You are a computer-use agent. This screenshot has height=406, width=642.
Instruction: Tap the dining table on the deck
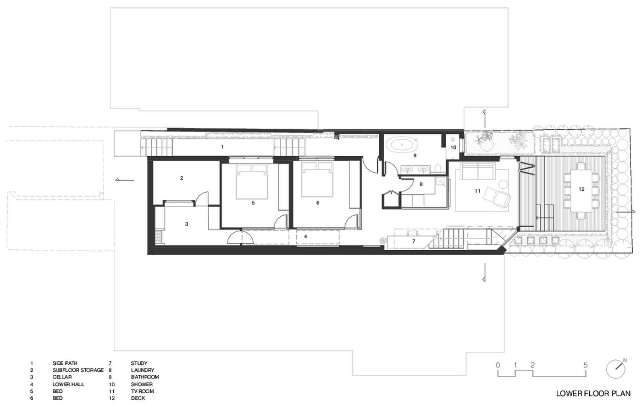pos(581,191)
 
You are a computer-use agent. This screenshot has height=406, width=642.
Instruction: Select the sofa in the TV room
pos(477,171)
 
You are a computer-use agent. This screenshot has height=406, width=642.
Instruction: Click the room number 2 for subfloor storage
pos(182,178)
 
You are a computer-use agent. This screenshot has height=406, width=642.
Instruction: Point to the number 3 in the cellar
pos(187,224)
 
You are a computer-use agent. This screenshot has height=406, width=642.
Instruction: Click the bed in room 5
pos(252,181)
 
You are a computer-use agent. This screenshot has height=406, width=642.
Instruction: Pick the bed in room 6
pos(317,180)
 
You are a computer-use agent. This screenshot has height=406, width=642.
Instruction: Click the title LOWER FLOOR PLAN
pos(593,394)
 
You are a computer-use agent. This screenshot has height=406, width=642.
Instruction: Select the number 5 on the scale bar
pos(585,365)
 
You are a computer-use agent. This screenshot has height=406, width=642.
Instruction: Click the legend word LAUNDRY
pos(143,370)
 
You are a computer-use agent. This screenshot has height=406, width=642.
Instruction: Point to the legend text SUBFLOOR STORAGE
pos(78,370)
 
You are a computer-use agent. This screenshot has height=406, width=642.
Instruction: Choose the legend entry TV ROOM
pos(142,391)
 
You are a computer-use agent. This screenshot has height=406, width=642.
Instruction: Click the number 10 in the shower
pos(453,148)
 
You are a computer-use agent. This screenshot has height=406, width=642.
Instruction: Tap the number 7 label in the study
pos(413,241)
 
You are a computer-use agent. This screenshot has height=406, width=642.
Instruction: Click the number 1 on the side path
pos(222,147)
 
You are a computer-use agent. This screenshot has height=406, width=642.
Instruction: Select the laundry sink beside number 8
pos(440,182)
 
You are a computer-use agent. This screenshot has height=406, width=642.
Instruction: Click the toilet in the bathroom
pos(437,169)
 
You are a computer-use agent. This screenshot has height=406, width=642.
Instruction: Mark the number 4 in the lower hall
pos(305,236)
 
